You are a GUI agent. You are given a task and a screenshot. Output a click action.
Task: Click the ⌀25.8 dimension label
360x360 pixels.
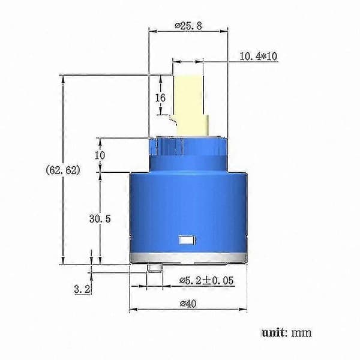pyautogui.click(x=188, y=25)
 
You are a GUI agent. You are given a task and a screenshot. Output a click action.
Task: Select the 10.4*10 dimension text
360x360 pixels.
pyautogui.click(x=258, y=56)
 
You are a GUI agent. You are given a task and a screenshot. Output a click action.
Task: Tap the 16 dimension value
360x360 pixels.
pyautogui.click(x=160, y=98)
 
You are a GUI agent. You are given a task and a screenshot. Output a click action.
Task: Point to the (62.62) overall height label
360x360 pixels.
pyautogui.click(x=63, y=170)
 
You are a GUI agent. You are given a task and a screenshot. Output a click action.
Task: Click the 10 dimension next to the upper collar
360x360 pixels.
pyautogui.click(x=100, y=155)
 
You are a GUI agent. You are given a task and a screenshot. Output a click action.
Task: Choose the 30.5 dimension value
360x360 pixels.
pyautogui.click(x=100, y=219)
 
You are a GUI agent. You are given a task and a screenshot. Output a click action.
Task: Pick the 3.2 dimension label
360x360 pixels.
pyautogui.click(x=82, y=289)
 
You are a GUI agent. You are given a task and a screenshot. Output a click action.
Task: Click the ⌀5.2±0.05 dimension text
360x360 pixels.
pyautogui.click(x=206, y=281)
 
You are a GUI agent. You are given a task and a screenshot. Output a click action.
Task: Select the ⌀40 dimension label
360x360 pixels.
pyautogui.click(x=188, y=304)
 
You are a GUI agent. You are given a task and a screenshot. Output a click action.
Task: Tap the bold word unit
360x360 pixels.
pyautogui.click(x=274, y=332)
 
